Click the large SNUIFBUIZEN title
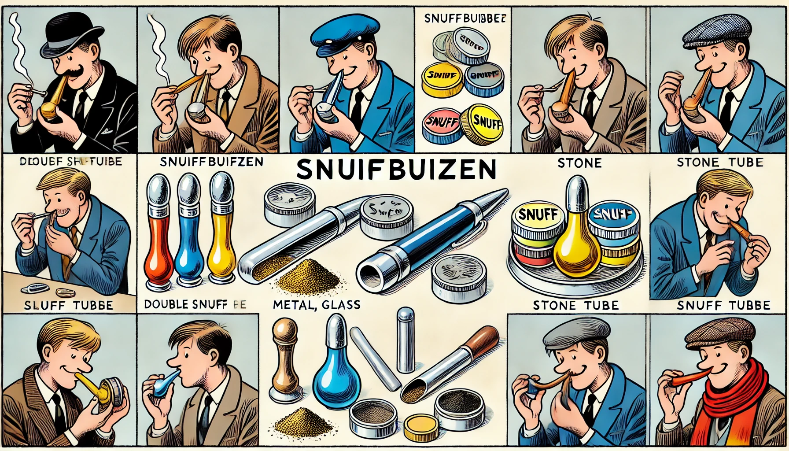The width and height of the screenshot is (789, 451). [x=396, y=169]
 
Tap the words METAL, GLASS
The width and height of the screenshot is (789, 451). [x=317, y=304]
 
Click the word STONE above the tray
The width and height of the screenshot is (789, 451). [x=579, y=163]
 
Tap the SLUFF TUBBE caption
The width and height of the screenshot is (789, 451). [x=68, y=305]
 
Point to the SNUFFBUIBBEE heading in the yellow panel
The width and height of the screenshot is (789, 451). [x=465, y=18]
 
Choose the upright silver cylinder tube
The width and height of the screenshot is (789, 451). [x=405, y=339]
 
